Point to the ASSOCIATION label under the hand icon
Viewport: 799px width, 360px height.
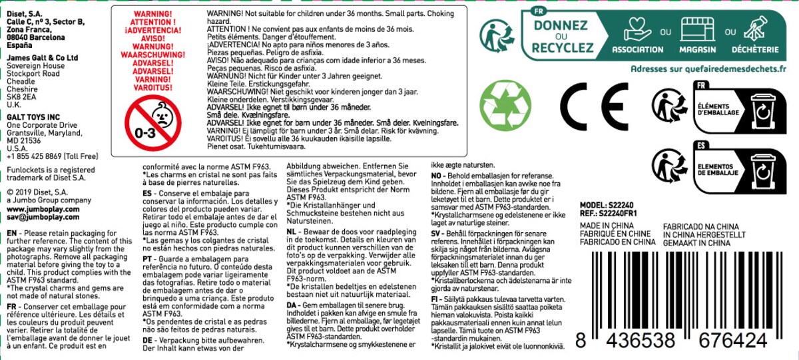pyautogui.click(x=637, y=50)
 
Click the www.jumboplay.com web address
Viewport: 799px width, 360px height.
pyautogui.click(x=43, y=209)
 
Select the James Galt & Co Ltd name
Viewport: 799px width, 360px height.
pyautogui.click(x=43, y=59)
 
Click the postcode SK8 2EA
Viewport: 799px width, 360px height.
pyautogui.click(x=21, y=96)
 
